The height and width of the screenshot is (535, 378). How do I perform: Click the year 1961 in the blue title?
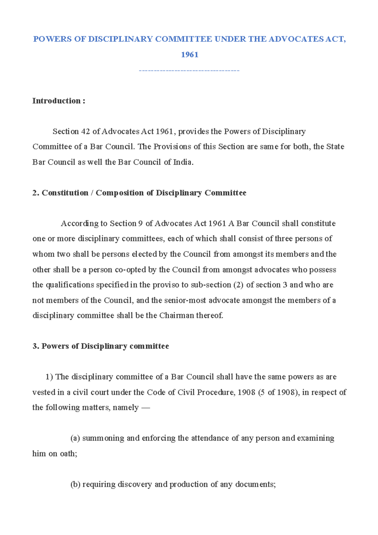click(x=190, y=55)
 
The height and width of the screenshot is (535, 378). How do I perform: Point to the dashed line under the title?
click(x=189, y=70)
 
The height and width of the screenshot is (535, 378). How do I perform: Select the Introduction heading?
click(x=59, y=101)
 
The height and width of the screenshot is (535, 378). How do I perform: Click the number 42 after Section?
click(x=85, y=131)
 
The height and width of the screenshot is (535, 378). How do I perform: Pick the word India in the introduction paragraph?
click(x=182, y=162)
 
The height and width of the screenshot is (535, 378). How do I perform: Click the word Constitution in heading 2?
click(x=65, y=193)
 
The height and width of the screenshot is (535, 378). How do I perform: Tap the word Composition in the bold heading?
click(x=120, y=193)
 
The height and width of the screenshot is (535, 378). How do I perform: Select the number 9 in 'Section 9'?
click(x=140, y=223)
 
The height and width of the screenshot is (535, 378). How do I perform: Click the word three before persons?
click(x=283, y=239)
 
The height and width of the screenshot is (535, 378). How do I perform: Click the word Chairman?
click(x=176, y=315)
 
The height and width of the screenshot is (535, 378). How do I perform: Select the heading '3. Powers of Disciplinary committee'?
click(x=101, y=346)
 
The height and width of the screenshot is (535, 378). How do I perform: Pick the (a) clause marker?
click(x=75, y=438)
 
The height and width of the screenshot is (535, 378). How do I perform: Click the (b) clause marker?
click(x=75, y=484)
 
